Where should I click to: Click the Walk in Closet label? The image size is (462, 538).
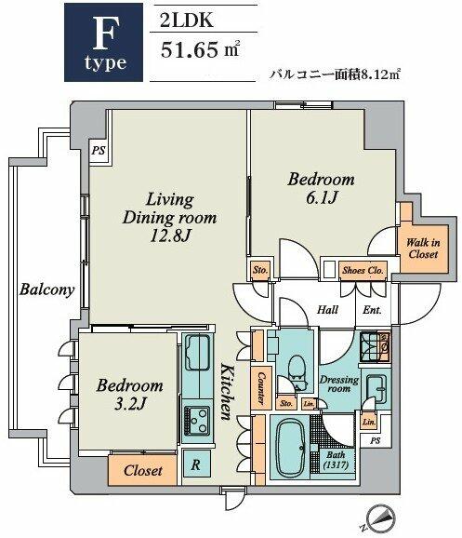[423, 249]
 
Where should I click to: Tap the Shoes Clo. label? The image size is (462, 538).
[363, 270]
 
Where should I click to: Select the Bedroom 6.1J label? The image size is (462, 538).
[321, 188]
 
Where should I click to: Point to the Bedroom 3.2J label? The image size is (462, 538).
[129, 395]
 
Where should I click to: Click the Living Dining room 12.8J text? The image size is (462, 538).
[169, 218]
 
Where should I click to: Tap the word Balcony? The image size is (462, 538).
[46, 289]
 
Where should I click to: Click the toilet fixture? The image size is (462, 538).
[297, 371]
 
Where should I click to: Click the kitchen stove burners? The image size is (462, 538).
[197, 421]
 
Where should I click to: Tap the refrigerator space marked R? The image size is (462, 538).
[196, 464]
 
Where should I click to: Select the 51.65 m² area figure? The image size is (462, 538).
[200, 49]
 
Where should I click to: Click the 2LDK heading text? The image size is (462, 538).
[187, 20]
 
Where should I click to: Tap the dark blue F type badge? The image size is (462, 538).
[103, 43]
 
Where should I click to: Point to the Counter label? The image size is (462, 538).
[261, 388]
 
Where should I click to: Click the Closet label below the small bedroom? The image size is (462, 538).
[142, 470]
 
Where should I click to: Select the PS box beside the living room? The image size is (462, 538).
[99, 150]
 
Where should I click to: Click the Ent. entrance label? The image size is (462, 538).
[372, 310]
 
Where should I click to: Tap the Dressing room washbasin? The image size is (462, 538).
[376, 387]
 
